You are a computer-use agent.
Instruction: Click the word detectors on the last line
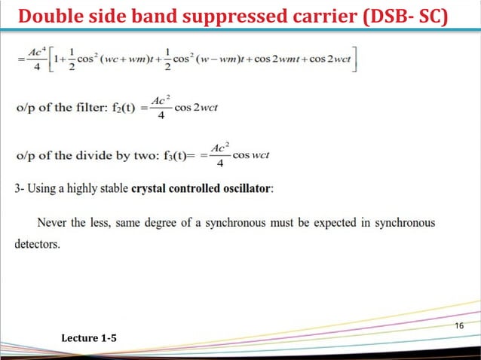[37, 245]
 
